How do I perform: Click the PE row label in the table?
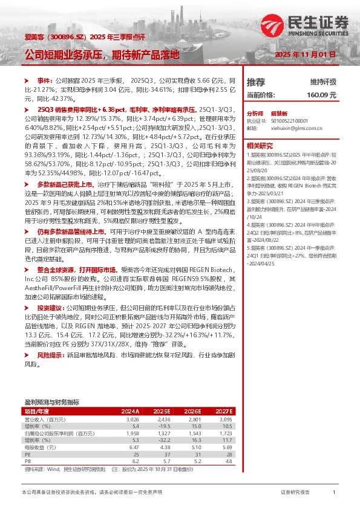coord(27,455)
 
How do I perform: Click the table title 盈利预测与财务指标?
coord(52,401)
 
